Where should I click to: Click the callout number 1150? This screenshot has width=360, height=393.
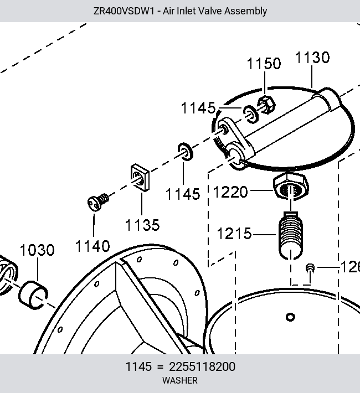[264, 64]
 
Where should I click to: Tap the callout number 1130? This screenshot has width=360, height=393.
[312, 58]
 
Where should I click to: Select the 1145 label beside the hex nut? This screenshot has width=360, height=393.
[198, 108]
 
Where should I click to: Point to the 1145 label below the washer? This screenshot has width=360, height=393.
[183, 194]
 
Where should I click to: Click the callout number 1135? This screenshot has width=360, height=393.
[142, 225]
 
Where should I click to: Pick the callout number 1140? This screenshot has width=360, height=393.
[92, 246]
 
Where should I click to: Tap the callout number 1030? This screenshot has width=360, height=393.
[37, 250]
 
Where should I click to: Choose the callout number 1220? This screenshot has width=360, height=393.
[230, 192]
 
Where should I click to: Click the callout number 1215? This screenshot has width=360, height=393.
[234, 234]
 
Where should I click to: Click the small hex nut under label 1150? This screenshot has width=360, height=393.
[266, 105]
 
